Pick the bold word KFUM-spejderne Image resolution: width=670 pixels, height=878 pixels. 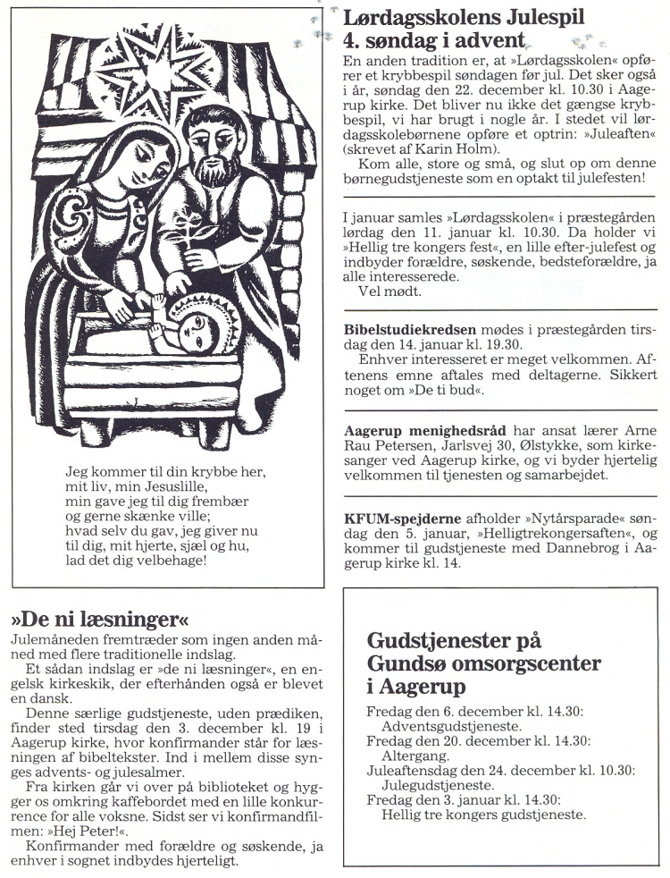[402, 519]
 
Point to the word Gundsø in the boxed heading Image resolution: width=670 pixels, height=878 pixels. [407, 664]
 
